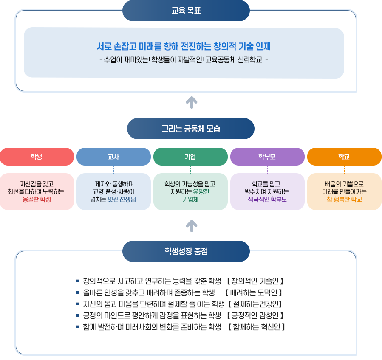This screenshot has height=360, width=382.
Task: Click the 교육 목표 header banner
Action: (186, 11)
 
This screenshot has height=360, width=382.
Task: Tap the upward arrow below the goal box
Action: (192, 102)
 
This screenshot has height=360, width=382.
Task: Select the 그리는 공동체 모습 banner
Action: (190, 128)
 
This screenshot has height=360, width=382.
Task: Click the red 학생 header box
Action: (37, 156)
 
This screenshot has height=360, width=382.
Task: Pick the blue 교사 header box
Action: (113, 156)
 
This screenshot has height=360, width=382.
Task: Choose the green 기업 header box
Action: (190, 156)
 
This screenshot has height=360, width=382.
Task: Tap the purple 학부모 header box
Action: (267, 156)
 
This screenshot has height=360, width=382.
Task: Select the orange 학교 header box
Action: (344, 156)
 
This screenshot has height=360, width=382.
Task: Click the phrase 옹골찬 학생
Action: (37, 199)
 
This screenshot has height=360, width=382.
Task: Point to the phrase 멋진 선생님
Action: (122, 199)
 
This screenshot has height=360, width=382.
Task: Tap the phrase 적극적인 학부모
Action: (267, 199)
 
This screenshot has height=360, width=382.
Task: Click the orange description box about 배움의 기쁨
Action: (344, 191)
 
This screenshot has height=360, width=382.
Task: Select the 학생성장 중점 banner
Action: (186, 251)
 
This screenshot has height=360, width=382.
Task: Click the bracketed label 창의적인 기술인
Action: (255, 281)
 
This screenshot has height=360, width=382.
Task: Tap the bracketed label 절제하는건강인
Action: (255, 304)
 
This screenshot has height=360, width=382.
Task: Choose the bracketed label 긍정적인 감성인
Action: (255, 315)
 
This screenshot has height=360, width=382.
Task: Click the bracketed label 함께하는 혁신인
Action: (256, 327)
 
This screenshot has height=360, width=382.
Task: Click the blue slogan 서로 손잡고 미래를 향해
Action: (184, 46)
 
